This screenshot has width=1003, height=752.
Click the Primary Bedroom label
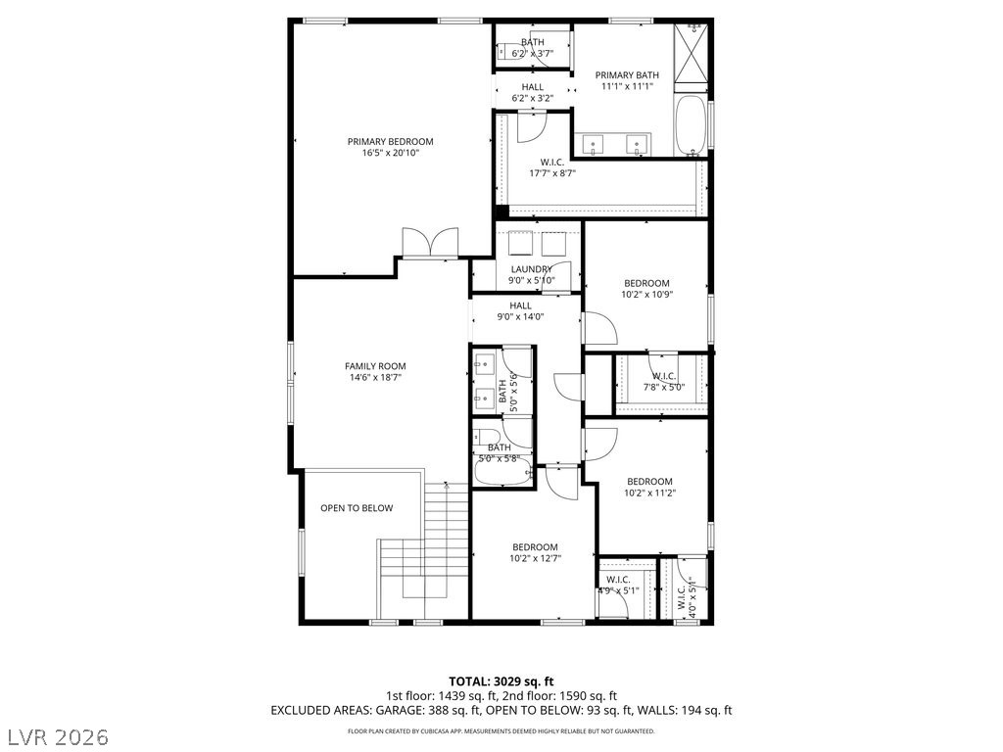point(390,147)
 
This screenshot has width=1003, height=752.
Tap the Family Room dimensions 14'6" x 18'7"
point(375,377)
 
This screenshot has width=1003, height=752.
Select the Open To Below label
point(357,508)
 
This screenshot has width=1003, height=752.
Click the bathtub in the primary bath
point(692,125)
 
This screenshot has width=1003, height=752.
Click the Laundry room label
point(532,275)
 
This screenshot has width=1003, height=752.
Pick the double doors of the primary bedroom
point(430,243)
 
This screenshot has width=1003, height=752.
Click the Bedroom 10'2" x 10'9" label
point(646,289)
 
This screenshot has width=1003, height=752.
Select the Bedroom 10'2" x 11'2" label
point(650,488)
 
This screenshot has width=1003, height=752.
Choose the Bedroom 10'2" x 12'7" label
point(535,552)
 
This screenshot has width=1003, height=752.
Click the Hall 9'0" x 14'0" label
point(521,310)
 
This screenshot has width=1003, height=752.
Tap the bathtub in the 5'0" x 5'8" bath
point(503,471)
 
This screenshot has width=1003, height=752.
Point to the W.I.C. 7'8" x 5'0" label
point(664,381)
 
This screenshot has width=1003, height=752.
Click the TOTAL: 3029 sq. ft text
point(501,681)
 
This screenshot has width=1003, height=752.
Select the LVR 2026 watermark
point(56,737)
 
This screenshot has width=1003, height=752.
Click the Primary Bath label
point(627,80)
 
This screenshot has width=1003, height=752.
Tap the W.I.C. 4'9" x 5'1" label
point(619,586)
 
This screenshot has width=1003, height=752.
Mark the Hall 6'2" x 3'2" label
point(532,92)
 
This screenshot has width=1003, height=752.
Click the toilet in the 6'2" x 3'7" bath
point(509,51)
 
